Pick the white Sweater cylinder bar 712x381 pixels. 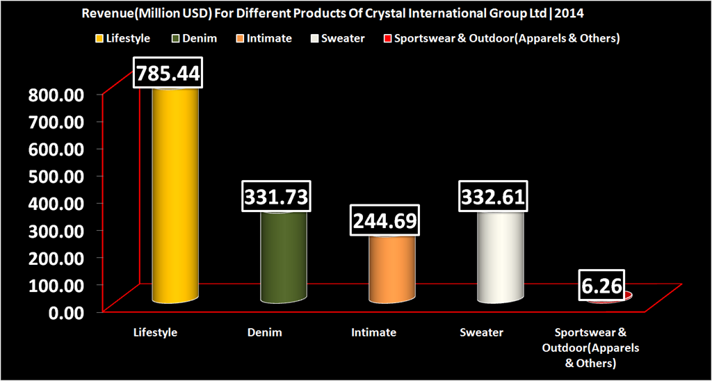[500, 257]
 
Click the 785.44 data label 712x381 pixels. [168, 73]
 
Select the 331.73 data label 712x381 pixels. [275, 197]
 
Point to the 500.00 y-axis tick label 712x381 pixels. [56, 176]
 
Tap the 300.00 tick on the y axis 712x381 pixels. [56, 230]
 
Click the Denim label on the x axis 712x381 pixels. [265, 332]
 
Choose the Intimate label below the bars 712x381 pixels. [373, 332]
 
